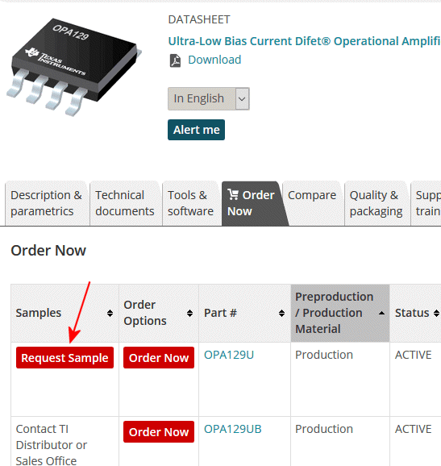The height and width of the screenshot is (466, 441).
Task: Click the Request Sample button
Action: [x=64, y=357]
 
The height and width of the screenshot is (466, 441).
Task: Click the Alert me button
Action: [x=196, y=130]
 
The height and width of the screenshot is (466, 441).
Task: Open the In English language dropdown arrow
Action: [x=242, y=98]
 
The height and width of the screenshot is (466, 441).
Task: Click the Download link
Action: [x=214, y=60]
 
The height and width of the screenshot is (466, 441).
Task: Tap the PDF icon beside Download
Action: [x=175, y=60]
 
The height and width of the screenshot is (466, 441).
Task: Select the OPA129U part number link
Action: [x=229, y=355]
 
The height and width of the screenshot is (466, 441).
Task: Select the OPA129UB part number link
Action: [x=233, y=429]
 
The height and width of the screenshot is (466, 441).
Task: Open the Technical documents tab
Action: [x=126, y=203]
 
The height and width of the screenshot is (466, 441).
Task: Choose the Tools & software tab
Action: [x=191, y=203]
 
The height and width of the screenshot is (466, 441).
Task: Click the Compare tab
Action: [x=312, y=195]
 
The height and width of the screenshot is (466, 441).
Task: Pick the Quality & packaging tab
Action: [x=377, y=203]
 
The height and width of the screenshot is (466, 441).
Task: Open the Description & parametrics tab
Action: [x=47, y=203]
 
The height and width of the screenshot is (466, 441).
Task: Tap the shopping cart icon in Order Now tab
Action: [x=233, y=194]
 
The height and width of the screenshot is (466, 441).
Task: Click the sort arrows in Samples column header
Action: [x=110, y=314]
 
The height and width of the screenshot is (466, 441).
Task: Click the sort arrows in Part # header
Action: [x=281, y=314]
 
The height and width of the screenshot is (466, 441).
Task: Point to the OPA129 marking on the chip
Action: [x=71, y=32]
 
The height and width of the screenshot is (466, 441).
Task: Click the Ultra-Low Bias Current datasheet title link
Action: [x=304, y=41]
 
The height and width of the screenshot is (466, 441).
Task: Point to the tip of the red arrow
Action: [x=70, y=343]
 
